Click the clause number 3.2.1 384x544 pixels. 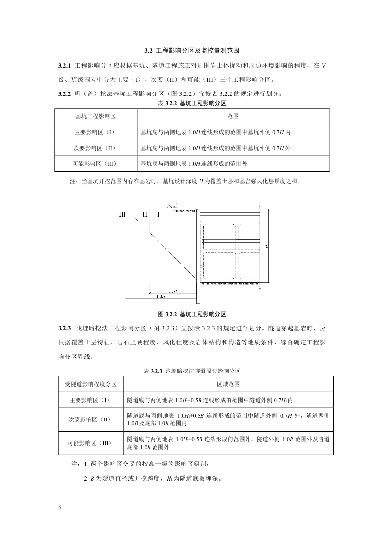[x=64, y=65]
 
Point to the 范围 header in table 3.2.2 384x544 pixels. [x=233, y=117]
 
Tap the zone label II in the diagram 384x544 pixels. [x=144, y=214]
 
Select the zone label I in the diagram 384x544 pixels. [x=158, y=214]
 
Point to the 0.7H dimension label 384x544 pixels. [x=172, y=291]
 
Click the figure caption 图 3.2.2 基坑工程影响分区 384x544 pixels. [x=192, y=314]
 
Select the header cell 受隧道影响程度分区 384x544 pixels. [x=91, y=384]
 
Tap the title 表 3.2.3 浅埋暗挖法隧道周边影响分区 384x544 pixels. [x=192, y=371]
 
